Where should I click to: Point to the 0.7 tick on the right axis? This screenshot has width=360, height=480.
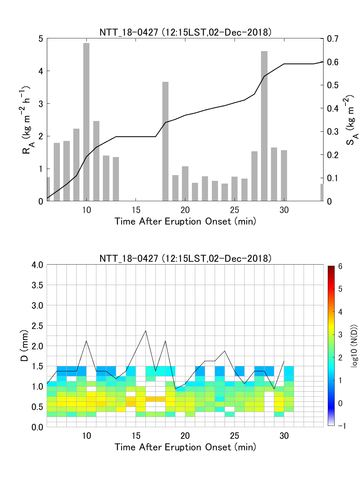tap(332, 38)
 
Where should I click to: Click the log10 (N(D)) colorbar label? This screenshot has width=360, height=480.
tap(354, 346)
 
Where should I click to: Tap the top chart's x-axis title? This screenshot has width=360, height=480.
tap(185, 222)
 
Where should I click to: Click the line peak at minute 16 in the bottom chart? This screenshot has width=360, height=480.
tap(145, 330)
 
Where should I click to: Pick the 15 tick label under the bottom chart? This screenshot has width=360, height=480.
tap(136, 436)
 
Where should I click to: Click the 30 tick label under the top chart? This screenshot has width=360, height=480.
tap(284, 210)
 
